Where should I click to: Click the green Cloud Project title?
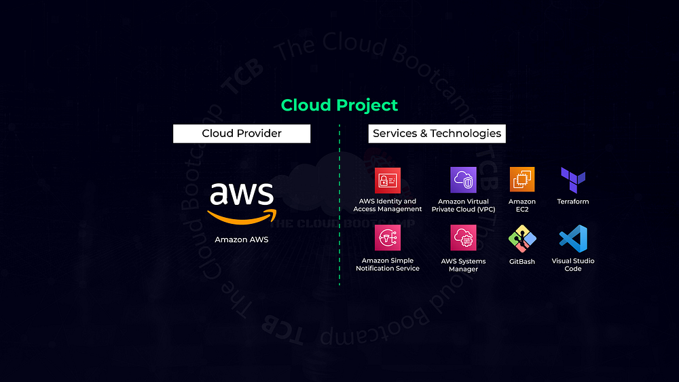tap(339, 105)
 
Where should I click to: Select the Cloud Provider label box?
tap(242, 134)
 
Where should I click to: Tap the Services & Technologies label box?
tap(437, 134)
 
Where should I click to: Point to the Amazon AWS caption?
tap(242, 240)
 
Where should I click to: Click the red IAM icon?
tap(388, 180)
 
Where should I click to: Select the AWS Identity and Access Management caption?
tap(388, 205)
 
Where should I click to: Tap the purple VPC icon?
tap(464, 180)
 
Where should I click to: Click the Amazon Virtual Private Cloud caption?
tap(464, 206)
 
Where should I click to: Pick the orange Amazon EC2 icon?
tap(522, 180)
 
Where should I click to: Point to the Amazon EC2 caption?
tap(522, 206)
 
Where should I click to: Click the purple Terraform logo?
tap(573, 180)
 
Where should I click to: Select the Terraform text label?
tap(573, 202)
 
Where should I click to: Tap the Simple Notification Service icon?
tap(388, 238)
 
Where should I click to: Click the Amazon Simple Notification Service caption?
tap(388, 265)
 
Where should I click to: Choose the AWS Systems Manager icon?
tap(464, 238)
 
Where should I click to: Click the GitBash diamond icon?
tap(522, 239)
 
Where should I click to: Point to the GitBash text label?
tap(522, 261)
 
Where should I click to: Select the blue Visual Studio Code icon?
tap(573, 239)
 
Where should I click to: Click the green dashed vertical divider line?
tap(339, 204)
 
